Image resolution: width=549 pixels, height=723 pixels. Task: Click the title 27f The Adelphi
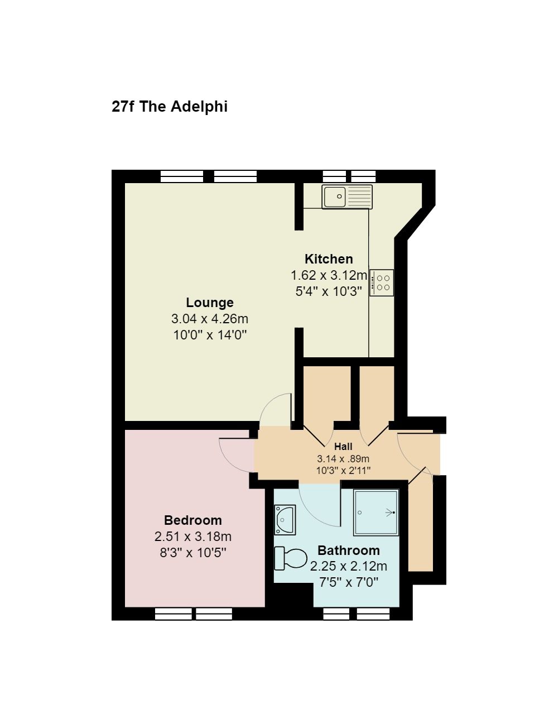pyautogui.click(x=170, y=107)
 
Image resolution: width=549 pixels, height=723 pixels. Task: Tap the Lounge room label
pyautogui.click(x=210, y=303)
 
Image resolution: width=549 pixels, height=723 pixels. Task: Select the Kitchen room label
pyautogui.click(x=329, y=259)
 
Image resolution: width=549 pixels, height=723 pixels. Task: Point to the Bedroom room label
pyautogui.click(x=193, y=520)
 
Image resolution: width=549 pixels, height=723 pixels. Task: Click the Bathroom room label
pyautogui.click(x=349, y=550)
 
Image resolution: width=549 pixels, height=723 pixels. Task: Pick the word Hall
pyautogui.click(x=343, y=447)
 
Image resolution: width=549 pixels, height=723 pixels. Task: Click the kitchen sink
pyautogui.click(x=347, y=197)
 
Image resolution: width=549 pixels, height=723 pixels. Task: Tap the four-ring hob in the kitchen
pyautogui.click(x=382, y=283)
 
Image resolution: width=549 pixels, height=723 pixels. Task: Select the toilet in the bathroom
pyautogui.click(x=290, y=558)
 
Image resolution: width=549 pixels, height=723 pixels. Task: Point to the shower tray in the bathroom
pyautogui.click(x=376, y=513)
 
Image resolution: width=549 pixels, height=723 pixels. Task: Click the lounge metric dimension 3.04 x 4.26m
pyautogui.click(x=210, y=319)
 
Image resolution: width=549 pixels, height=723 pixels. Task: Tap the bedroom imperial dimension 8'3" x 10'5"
pyautogui.click(x=193, y=552)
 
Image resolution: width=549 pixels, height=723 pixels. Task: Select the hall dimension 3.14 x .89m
pyautogui.click(x=343, y=458)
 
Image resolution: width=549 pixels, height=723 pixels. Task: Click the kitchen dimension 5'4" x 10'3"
pyautogui.click(x=329, y=291)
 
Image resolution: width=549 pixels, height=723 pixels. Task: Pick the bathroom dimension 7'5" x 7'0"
pyautogui.click(x=349, y=582)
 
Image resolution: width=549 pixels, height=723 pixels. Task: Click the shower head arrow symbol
pyautogui.click(x=390, y=513)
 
